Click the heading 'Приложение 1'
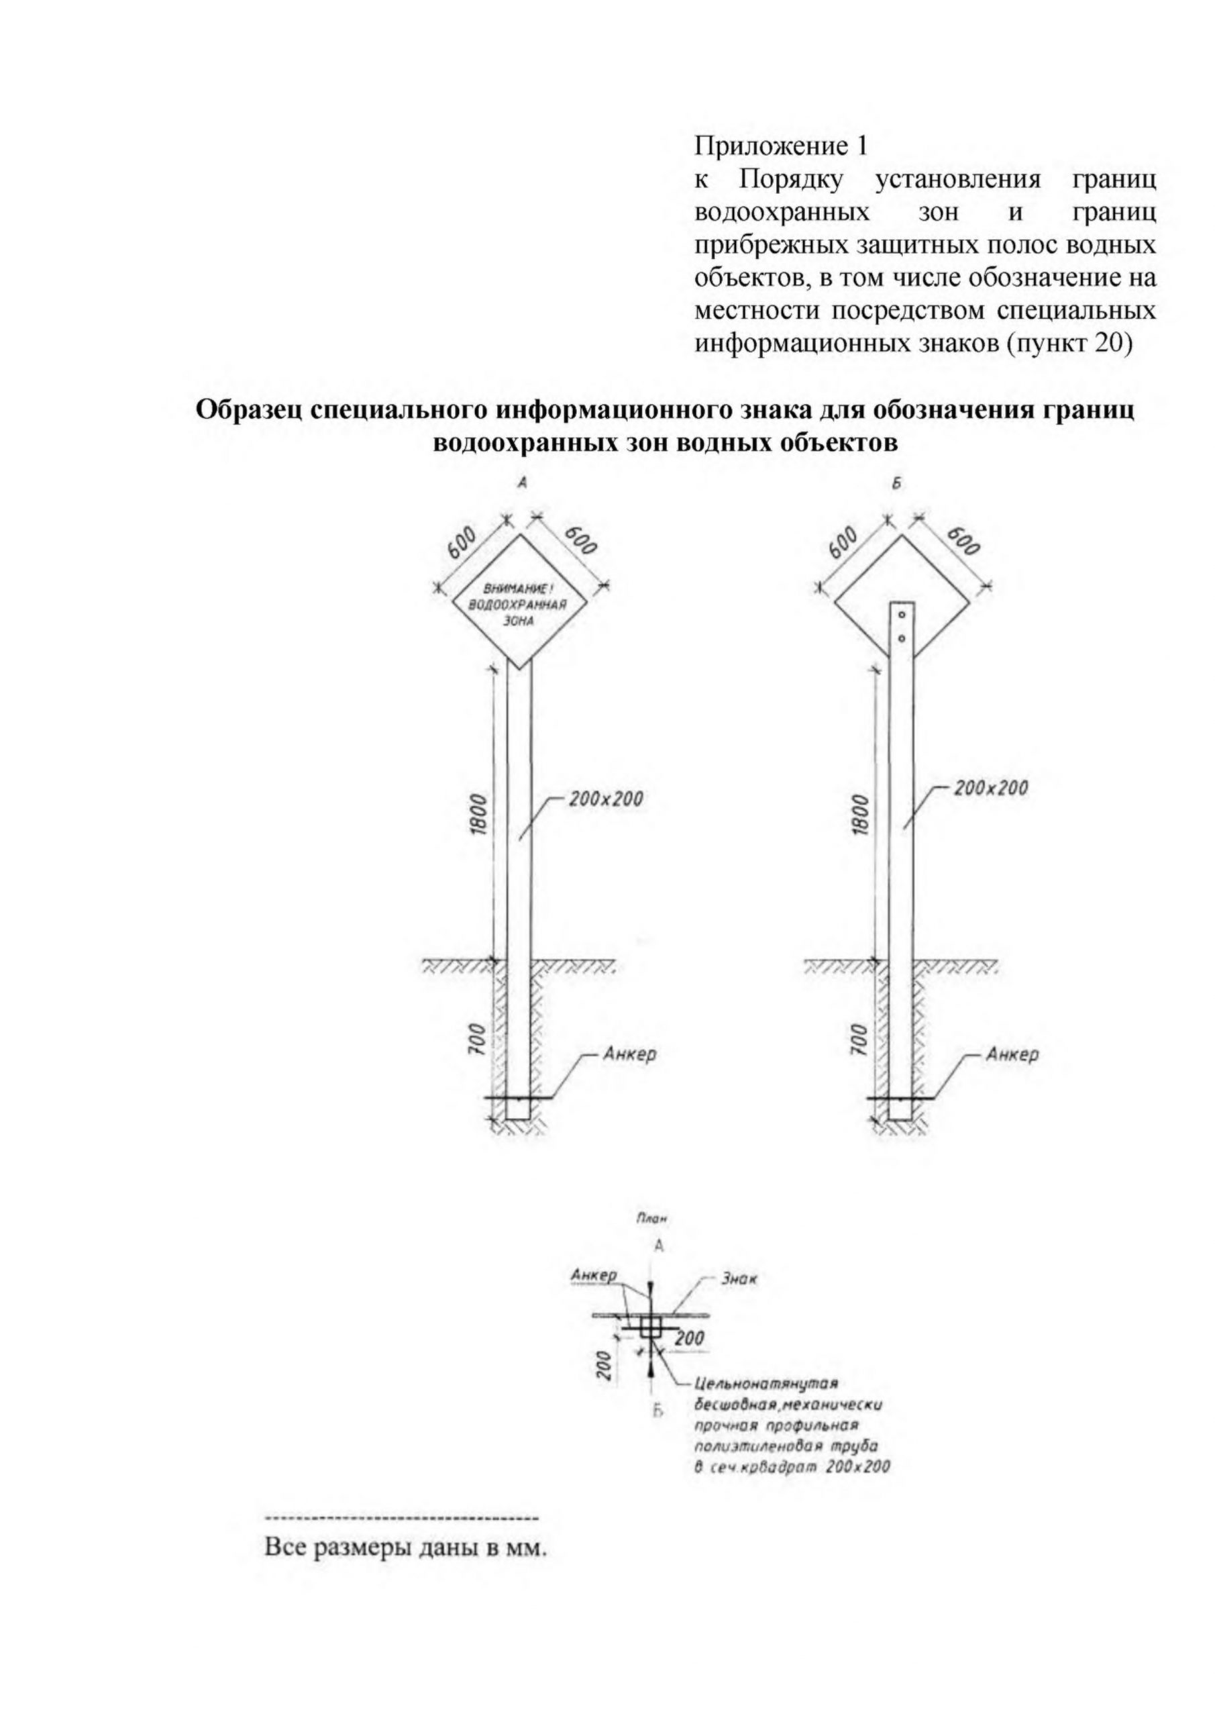pos(780,145)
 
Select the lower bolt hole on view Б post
pos(902,638)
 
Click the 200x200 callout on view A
pos(605,799)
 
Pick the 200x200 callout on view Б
pos(990,788)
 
